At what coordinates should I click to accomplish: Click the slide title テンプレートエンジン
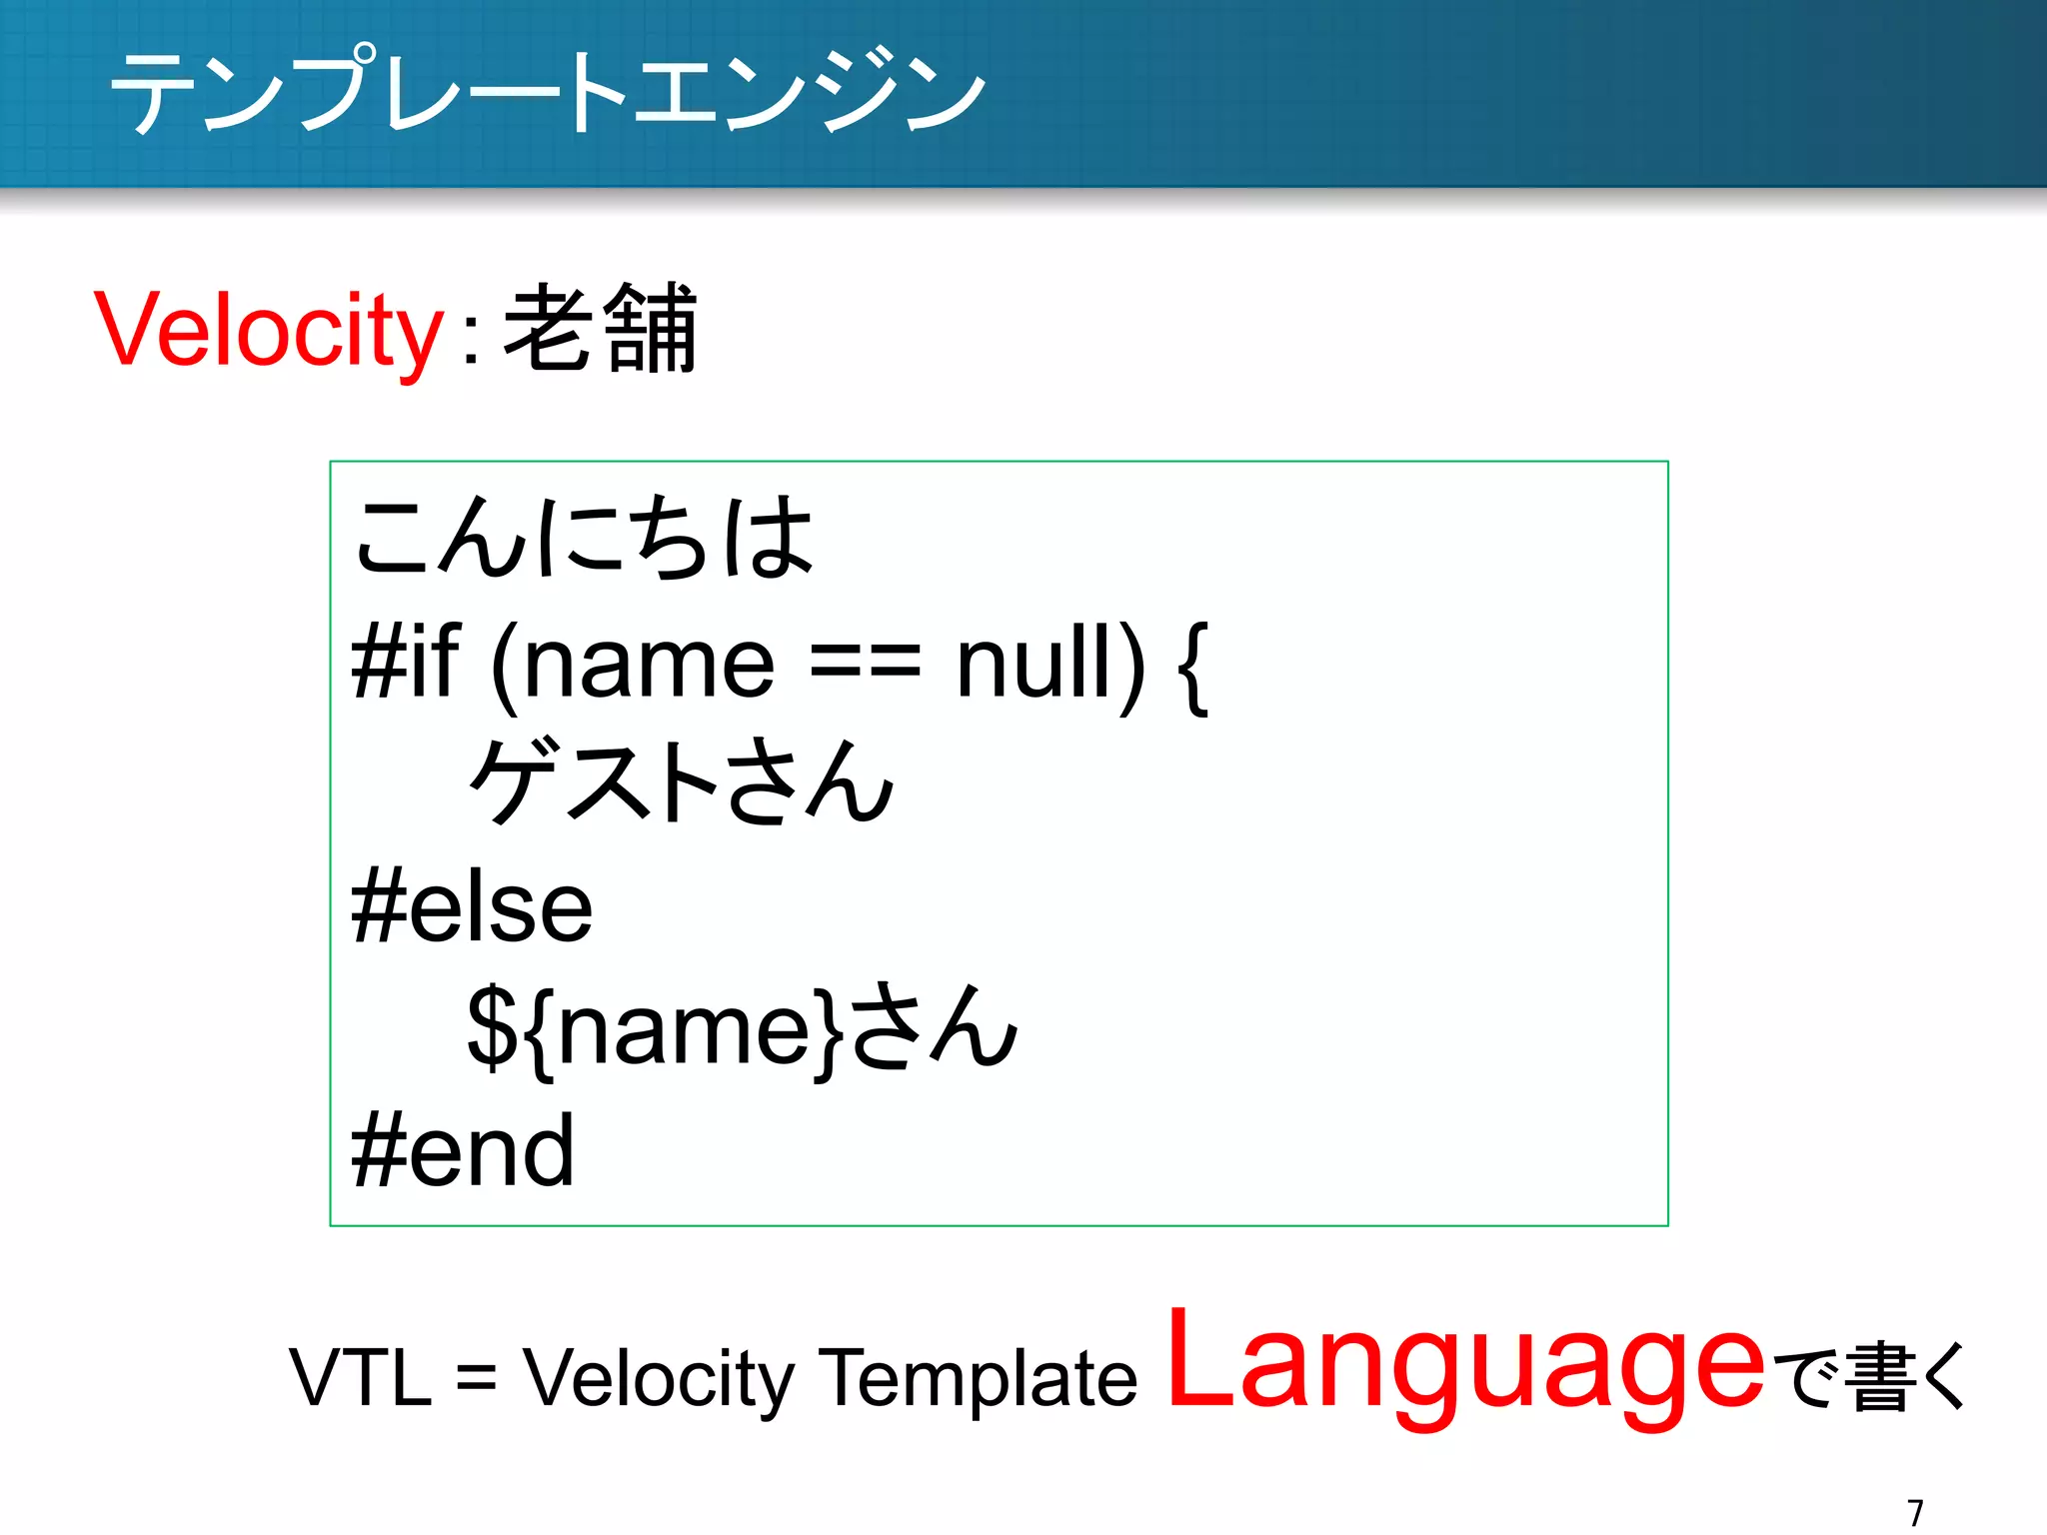(x=548, y=92)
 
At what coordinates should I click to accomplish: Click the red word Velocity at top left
(x=268, y=330)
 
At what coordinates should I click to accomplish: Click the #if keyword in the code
(x=405, y=662)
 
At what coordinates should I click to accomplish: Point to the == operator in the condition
(x=865, y=664)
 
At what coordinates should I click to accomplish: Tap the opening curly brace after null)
(x=1193, y=666)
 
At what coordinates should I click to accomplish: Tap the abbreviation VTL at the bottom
(x=361, y=1377)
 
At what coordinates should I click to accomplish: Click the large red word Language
(x=1465, y=1365)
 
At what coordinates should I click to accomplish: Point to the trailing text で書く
(x=1875, y=1377)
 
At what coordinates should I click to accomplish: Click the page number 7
(x=1915, y=1512)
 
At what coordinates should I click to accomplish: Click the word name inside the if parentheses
(x=649, y=664)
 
